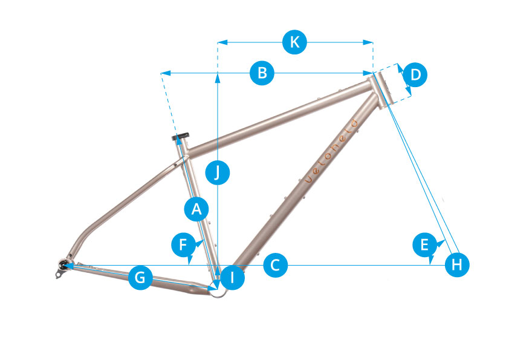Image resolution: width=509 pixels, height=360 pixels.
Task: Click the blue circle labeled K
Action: click(x=294, y=42)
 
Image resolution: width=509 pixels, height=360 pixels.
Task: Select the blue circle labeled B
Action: click(x=262, y=73)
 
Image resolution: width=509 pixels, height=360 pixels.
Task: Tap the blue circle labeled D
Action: click(x=415, y=74)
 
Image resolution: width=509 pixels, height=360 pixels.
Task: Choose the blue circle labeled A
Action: click(x=196, y=209)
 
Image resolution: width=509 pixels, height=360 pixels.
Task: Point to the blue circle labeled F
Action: click(x=183, y=244)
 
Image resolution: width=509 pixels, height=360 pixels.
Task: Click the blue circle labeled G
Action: click(x=140, y=278)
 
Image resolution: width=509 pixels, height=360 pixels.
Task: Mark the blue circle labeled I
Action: click(x=233, y=278)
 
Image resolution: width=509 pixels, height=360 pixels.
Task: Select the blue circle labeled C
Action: click(x=275, y=265)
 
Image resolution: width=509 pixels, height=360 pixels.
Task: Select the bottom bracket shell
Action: click(x=221, y=286)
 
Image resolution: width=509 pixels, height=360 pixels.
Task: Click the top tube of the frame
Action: click(x=278, y=115)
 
